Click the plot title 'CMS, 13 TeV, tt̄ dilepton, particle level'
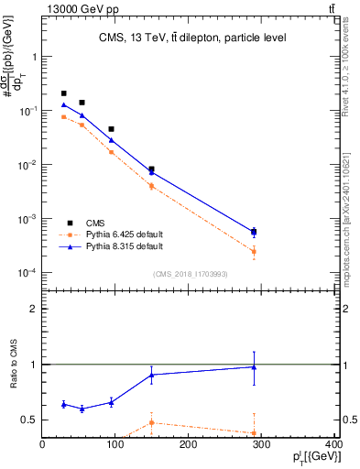coord(191,38)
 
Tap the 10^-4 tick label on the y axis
coord(27,273)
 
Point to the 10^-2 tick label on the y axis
coord(27,165)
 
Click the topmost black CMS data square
coord(63,93)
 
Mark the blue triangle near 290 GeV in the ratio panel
coord(254,367)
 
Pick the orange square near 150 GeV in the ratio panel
coord(151,422)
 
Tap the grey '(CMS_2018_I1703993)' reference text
coord(191,274)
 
